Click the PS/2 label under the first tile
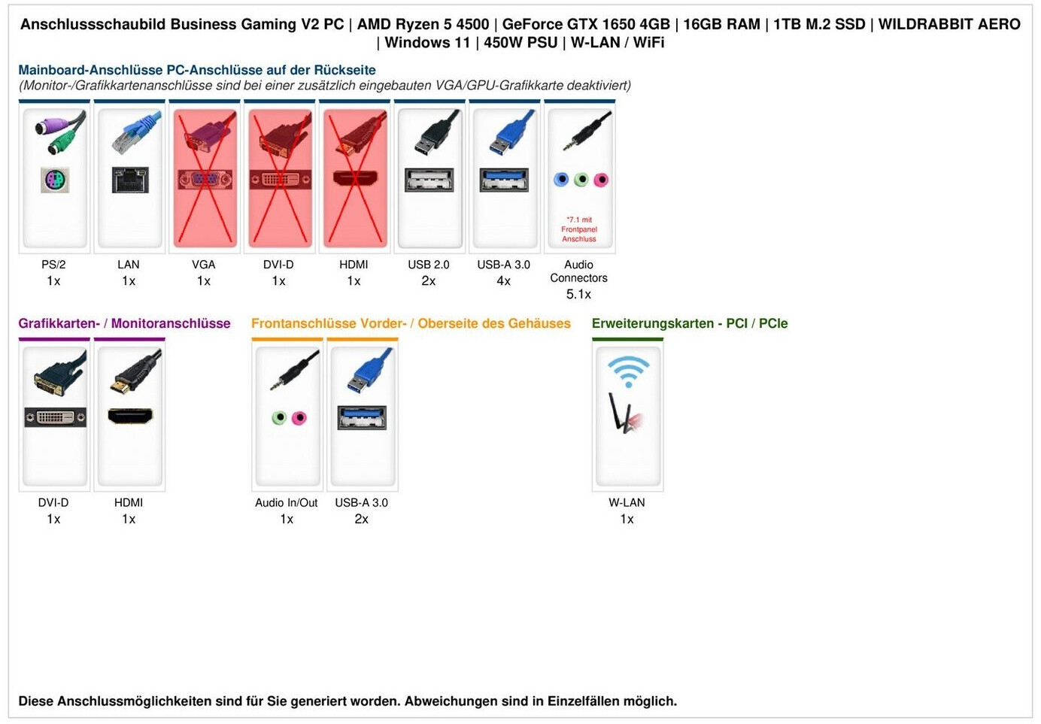53,265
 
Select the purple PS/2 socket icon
54,180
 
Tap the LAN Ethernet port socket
129,180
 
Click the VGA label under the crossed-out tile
204,265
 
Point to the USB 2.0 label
429,265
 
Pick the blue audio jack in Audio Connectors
561,180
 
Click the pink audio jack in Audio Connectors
600,180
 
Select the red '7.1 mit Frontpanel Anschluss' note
579,229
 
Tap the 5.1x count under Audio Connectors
578,294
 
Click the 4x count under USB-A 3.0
504,281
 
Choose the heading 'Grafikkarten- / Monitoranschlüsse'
124,323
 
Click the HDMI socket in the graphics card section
130,416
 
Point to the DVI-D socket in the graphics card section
55,417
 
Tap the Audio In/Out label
287,503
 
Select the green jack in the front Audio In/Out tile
279,418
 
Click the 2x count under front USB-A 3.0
362,520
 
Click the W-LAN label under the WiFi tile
627,503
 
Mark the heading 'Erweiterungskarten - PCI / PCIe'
690,323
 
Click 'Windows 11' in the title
427,43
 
